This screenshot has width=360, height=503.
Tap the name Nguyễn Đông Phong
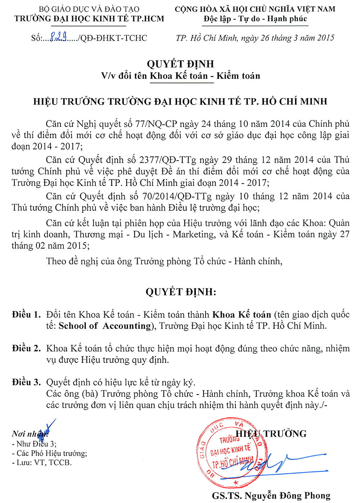(287, 496)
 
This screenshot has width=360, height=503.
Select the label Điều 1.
(26, 315)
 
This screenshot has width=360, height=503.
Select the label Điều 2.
(26, 348)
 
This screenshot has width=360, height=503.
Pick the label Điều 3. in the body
(26, 382)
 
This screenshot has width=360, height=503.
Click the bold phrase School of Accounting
(104, 326)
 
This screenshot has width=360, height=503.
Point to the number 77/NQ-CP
(156, 124)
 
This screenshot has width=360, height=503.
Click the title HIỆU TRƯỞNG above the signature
(271, 433)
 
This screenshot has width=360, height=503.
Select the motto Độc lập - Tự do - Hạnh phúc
(255, 19)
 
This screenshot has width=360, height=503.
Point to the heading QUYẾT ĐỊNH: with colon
(181, 291)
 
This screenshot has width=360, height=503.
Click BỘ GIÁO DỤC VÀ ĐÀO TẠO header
(89, 9)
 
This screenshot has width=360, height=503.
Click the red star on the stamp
(236, 482)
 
